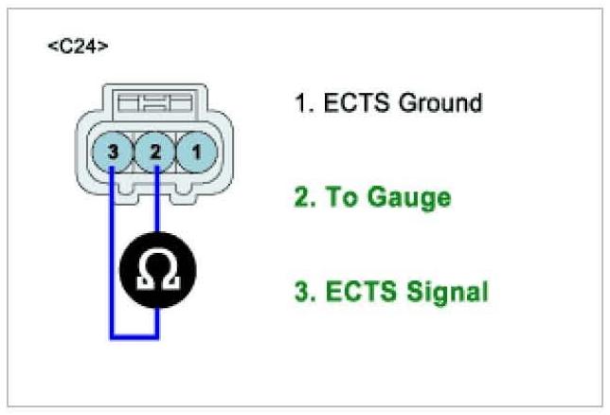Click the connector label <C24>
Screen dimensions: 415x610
click(x=78, y=46)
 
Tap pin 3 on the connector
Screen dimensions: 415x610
click(x=112, y=150)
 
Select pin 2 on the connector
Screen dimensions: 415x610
click(x=154, y=150)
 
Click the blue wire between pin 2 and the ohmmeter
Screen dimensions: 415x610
click(x=157, y=204)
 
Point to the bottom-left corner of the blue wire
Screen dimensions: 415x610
click(x=113, y=335)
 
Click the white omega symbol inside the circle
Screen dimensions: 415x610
click(x=157, y=267)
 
